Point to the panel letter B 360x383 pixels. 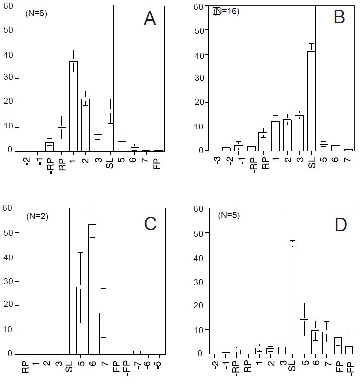coord(340,18)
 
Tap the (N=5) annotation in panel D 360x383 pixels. coord(229,217)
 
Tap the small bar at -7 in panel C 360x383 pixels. coord(137,352)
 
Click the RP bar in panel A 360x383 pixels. coord(62,139)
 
